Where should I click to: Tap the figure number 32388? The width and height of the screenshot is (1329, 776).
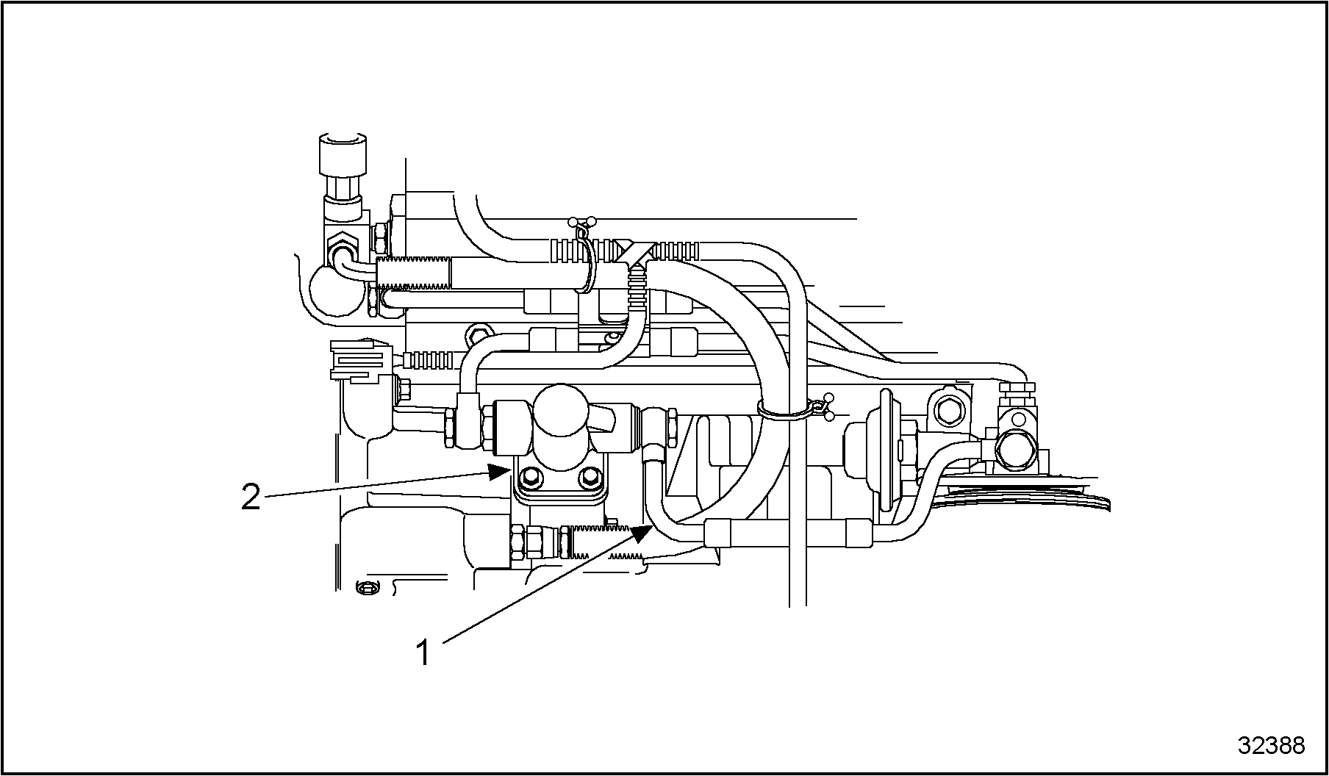pyautogui.click(x=1272, y=745)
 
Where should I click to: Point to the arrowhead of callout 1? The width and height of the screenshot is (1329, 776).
pyautogui.click(x=642, y=532)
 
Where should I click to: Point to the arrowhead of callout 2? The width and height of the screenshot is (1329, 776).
pyautogui.click(x=500, y=472)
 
